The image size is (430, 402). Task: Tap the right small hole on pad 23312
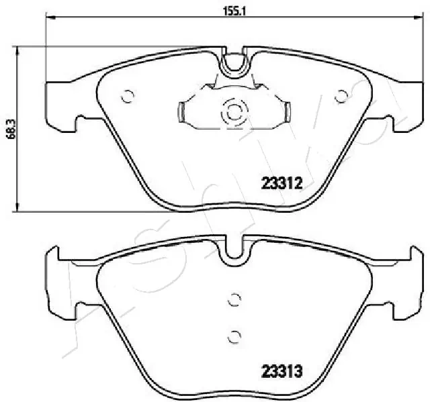pos(343,96)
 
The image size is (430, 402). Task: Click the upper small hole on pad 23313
pos(234,300)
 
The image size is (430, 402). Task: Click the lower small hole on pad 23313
pos(234,336)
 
